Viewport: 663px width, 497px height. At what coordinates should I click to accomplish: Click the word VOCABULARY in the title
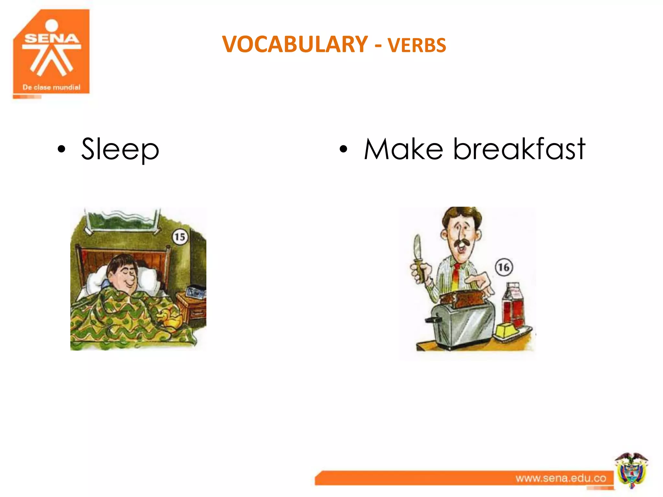295,44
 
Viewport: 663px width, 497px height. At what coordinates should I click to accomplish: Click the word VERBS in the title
417,45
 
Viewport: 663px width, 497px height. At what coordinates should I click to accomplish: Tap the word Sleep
120,149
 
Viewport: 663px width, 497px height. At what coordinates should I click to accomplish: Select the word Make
403,149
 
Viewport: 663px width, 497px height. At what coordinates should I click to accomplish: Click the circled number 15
180,237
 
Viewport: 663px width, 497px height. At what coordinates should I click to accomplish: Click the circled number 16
504,267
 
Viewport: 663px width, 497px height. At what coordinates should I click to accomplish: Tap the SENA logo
51,52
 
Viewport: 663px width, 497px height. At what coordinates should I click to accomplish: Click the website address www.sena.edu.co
561,478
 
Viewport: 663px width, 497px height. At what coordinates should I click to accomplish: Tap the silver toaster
461,324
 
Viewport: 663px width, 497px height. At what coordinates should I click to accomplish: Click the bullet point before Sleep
61,149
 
